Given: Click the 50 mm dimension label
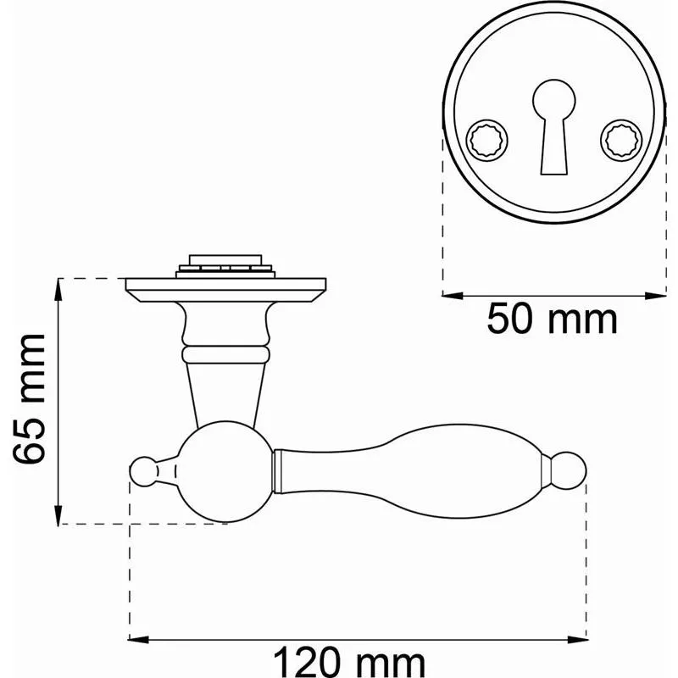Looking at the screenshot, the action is click(553, 320).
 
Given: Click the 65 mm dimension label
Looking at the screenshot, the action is click(29, 398).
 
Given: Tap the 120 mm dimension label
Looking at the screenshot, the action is click(349, 663).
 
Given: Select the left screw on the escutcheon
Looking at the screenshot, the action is click(486, 141).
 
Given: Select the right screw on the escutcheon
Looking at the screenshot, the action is click(621, 141).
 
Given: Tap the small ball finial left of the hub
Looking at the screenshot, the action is click(144, 471).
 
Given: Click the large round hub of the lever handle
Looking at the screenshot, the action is click(225, 472).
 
